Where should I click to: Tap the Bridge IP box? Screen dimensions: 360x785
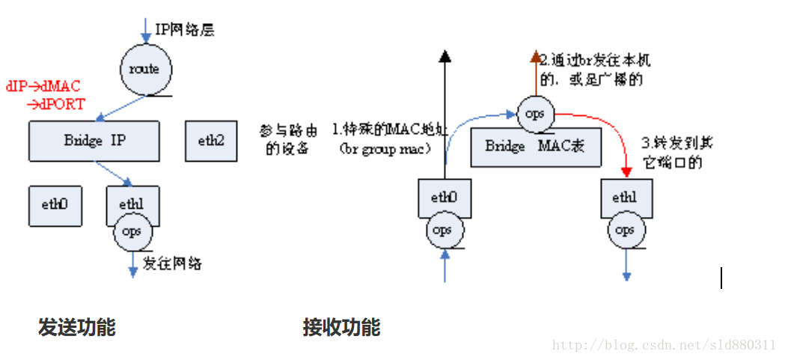[x=94, y=141]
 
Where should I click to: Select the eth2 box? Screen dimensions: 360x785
[x=211, y=141]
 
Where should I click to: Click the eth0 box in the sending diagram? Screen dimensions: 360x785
[x=55, y=204]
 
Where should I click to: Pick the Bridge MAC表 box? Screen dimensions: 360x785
[x=535, y=147]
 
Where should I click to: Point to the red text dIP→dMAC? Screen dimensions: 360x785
[x=43, y=87]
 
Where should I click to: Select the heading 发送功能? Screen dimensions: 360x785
[x=77, y=328]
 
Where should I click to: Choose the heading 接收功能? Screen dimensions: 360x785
[x=341, y=328]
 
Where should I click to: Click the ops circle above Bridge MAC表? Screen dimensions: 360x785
[x=535, y=114]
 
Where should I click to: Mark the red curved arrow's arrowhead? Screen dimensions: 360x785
[x=627, y=174]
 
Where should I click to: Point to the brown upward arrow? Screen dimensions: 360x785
[x=536, y=75]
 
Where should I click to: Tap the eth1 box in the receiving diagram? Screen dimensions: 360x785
[x=624, y=198]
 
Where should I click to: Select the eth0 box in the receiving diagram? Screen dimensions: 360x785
[x=444, y=198]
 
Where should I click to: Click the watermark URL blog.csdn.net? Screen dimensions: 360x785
[x=664, y=345]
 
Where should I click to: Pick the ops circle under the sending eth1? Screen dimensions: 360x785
[x=132, y=231]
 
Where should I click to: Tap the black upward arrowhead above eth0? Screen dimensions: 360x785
[x=445, y=55]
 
